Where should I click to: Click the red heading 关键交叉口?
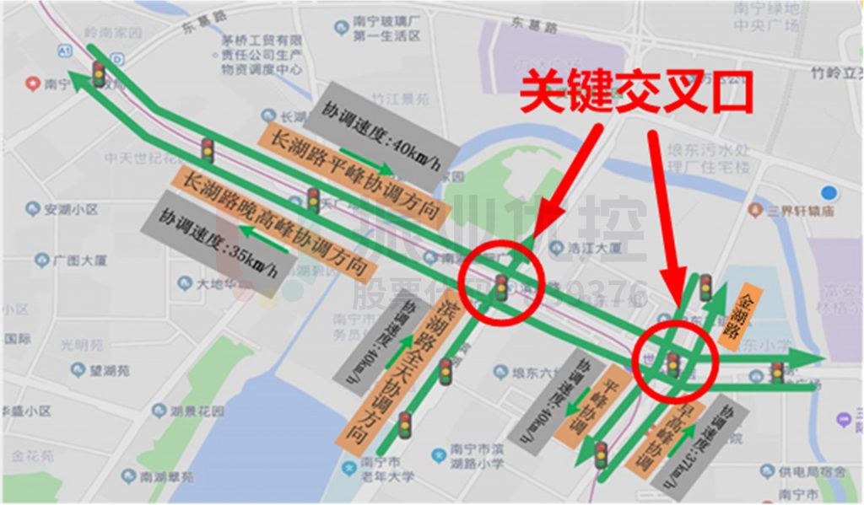[636, 94]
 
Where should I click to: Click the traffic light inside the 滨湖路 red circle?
[501, 287]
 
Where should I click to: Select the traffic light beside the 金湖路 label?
[705, 287]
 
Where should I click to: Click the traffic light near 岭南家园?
[99, 74]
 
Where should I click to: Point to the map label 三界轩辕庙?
[792, 211]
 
